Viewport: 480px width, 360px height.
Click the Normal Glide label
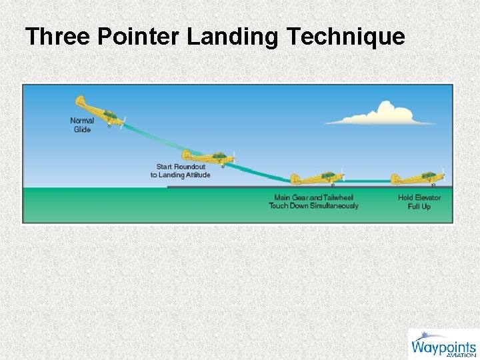coord(82,125)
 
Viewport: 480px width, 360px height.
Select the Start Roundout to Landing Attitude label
coord(180,171)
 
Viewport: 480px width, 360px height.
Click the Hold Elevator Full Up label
coord(419,202)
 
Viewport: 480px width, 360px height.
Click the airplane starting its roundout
coord(211,157)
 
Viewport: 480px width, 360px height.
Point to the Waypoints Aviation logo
coord(443,344)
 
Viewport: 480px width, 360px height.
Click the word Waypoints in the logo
coord(443,347)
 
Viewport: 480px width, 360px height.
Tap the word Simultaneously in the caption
coord(334,205)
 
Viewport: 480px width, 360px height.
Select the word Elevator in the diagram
coord(429,198)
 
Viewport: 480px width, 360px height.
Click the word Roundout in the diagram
coord(191,167)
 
